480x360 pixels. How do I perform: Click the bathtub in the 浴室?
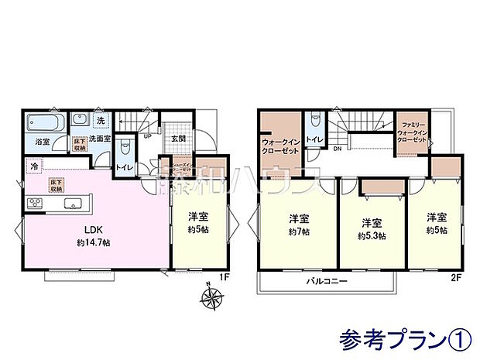pos(46,122)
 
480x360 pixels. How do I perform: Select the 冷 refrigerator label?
pos(33,166)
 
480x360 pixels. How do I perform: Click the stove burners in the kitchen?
pos(36,203)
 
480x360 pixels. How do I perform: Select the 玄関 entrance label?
pos(177,139)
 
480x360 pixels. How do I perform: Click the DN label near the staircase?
pos(338,150)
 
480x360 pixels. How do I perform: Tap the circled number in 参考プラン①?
pos(458,338)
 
